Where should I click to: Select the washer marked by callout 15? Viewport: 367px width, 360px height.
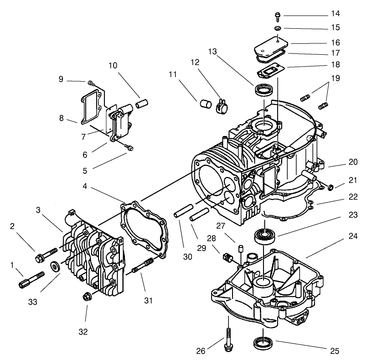(x=277, y=28)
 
